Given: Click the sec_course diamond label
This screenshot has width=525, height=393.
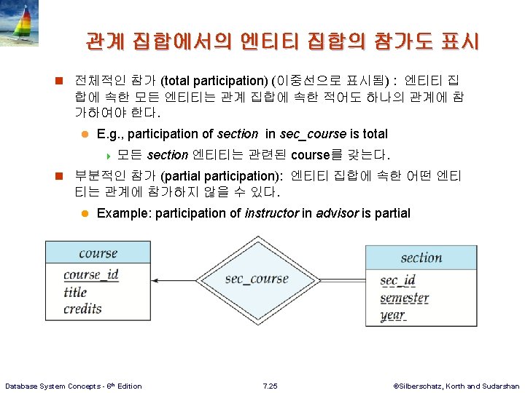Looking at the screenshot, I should click(257, 279).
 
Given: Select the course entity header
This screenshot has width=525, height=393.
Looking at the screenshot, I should click(98, 253).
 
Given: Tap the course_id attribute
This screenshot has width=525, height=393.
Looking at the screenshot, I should click(91, 275).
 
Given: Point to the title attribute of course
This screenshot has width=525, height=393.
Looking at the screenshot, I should click(75, 292).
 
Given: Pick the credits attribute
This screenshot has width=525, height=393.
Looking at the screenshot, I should click(82, 309).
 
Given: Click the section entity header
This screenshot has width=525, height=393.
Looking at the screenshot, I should click(421, 258).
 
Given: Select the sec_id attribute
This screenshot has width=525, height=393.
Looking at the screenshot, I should click(397, 281).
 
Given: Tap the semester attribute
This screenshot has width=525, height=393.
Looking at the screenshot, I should click(404, 298).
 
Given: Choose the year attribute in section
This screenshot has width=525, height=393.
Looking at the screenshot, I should click(392, 316).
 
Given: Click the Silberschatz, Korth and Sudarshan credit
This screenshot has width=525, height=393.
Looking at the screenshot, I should click(456, 386).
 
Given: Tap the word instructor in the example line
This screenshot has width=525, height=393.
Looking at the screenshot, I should click(271, 213).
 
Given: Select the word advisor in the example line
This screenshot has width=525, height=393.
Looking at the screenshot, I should click(337, 213).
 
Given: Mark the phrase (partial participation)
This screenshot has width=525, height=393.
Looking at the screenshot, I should click(224, 175).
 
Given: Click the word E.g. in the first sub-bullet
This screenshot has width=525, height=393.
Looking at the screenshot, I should click(109, 134).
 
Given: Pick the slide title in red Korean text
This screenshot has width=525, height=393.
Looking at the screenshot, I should click(281, 41).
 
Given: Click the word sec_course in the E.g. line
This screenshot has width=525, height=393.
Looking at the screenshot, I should click(312, 134).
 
